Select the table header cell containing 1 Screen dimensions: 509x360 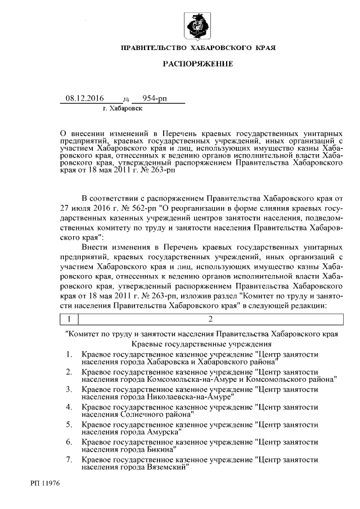69,319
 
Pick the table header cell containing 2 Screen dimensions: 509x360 209,319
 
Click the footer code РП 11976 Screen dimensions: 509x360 46,483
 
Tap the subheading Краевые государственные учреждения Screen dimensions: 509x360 201,343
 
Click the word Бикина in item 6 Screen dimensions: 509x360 160,449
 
